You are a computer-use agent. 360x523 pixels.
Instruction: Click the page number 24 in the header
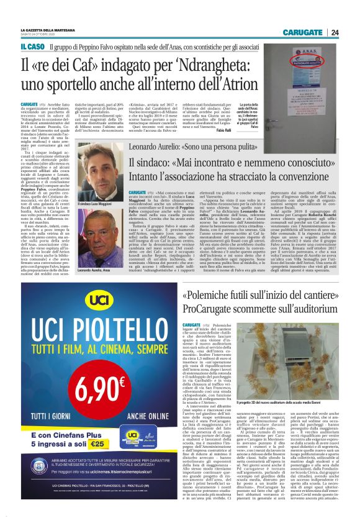coord(335,33)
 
